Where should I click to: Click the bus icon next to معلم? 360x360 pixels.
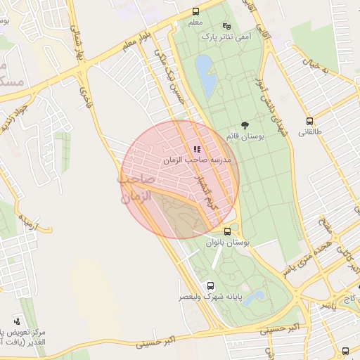[x=195, y=11]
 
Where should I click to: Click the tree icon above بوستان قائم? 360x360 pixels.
[x=245, y=124]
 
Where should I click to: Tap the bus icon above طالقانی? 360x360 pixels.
[x=309, y=121]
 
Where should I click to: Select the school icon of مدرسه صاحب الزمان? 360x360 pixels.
[x=197, y=149]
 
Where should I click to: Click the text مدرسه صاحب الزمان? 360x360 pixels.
[x=202, y=160]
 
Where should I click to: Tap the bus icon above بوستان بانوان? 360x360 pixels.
[x=227, y=231]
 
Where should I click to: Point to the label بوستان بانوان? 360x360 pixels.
[x=228, y=242]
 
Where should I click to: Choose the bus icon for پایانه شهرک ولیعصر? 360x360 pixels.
[x=210, y=285]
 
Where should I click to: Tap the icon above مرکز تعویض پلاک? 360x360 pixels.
[x=17, y=321]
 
